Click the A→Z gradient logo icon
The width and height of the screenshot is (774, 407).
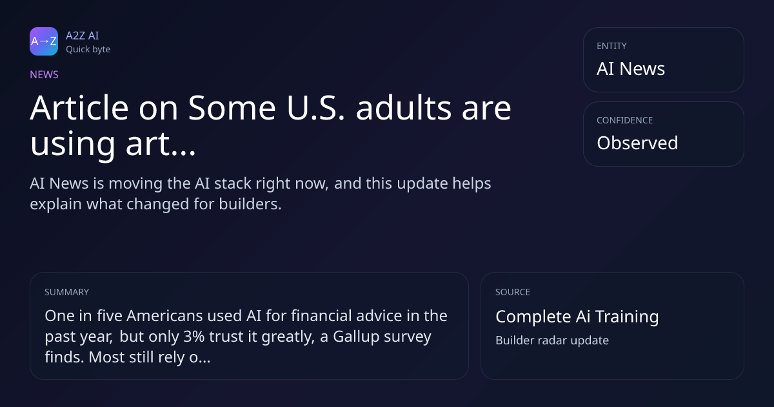pyautogui.click(x=44, y=41)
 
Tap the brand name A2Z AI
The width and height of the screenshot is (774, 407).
pyautogui.click(x=83, y=36)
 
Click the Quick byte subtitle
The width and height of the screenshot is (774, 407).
pyautogui.click(x=88, y=50)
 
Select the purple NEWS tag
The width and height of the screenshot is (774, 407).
pyautogui.click(x=45, y=74)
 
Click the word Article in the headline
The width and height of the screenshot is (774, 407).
pyautogui.click(x=79, y=108)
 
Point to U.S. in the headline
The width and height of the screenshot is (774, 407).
pyautogui.click(x=316, y=108)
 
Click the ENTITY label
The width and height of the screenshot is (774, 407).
pyautogui.click(x=611, y=46)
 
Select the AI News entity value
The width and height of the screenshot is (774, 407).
pyautogui.click(x=631, y=68)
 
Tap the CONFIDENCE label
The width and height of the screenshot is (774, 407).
pyautogui.click(x=625, y=120)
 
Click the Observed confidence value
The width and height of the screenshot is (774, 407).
pyautogui.click(x=637, y=143)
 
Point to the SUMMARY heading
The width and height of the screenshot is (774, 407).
pyautogui.click(x=66, y=292)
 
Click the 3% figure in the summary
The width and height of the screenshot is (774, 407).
pyautogui.click(x=194, y=337)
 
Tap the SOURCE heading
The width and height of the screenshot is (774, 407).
pyautogui.click(x=513, y=292)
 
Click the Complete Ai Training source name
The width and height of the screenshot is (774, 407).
pyautogui.click(x=577, y=317)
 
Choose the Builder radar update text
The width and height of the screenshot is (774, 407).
pyautogui.click(x=552, y=340)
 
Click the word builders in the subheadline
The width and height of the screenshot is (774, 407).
pyautogui.click(x=250, y=204)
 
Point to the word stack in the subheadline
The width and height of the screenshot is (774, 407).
pyautogui.click(x=233, y=183)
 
